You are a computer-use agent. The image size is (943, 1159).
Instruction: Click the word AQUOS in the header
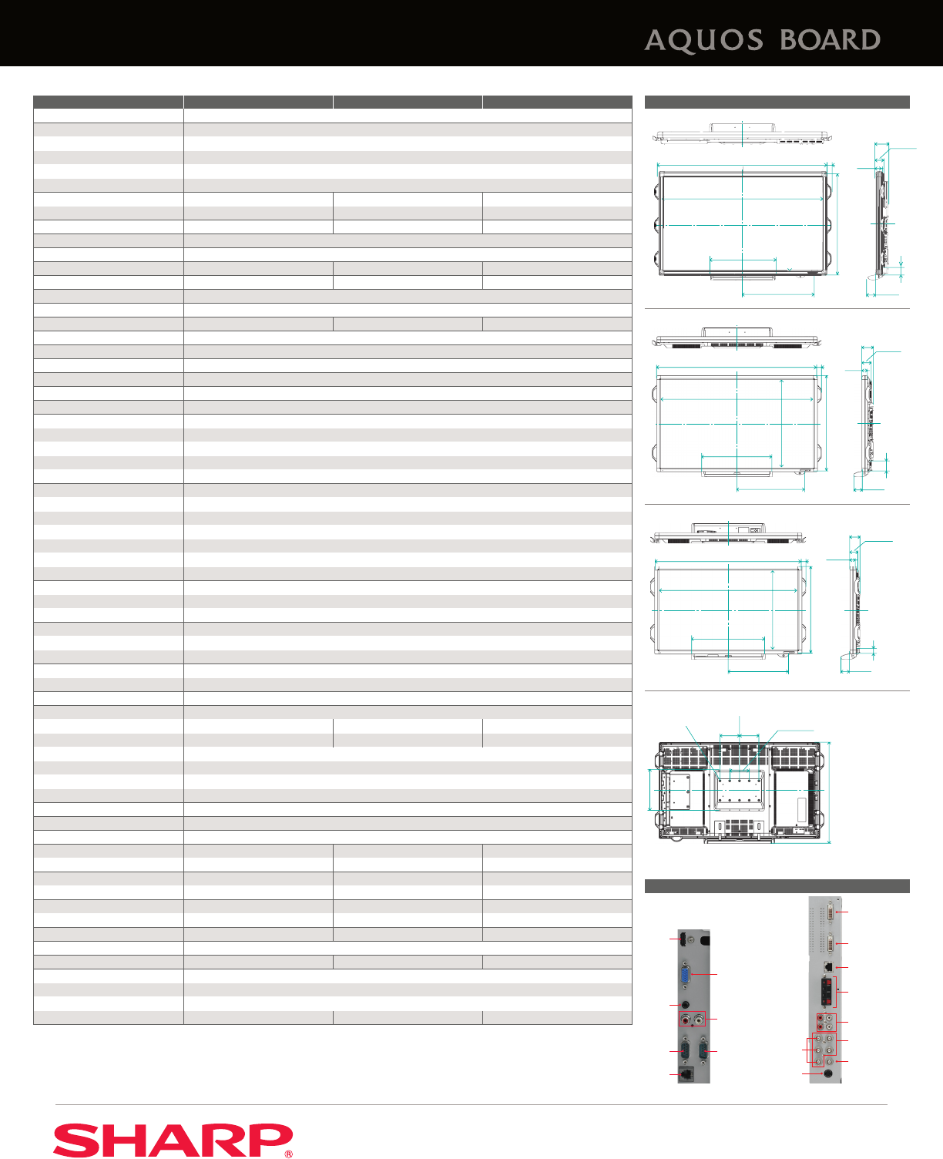coord(703,41)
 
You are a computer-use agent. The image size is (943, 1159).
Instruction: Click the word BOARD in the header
coord(830,40)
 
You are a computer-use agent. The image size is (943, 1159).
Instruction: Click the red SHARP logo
coord(173,1140)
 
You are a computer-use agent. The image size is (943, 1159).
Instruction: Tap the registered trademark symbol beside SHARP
coord(288,1154)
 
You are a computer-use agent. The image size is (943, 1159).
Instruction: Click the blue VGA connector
coord(685,974)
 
